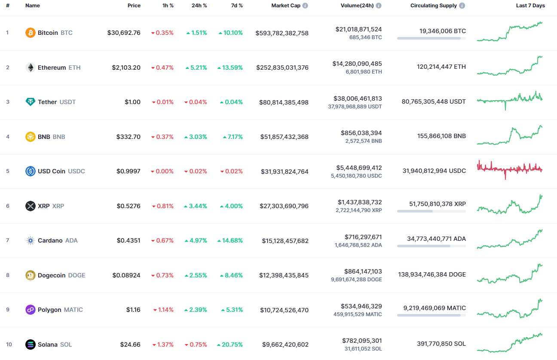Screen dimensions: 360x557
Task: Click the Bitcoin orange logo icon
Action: [31, 33]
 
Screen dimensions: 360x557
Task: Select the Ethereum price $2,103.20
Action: [126, 68]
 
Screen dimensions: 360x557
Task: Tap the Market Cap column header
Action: [286, 6]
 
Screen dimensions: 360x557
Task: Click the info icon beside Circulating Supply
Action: [462, 6]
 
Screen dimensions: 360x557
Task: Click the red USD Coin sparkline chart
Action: [510, 169]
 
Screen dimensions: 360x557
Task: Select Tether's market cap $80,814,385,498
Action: [284, 102]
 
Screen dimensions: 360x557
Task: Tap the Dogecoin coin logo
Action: [31, 275]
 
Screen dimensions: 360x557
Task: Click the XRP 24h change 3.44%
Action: [196, 206]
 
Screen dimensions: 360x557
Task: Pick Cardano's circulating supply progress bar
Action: [431, 246]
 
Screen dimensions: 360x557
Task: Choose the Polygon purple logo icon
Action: [31, 310]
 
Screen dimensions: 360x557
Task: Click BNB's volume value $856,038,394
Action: [361, 133]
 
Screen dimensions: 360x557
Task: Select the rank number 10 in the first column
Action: [9, 345]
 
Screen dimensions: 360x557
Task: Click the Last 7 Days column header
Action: [530, 6]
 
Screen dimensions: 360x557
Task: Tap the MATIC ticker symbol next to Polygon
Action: [73, 310]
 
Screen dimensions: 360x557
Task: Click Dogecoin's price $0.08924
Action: [126, 275]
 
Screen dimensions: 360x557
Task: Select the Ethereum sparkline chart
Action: [510, 67]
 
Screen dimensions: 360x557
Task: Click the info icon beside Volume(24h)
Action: [378, 6]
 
